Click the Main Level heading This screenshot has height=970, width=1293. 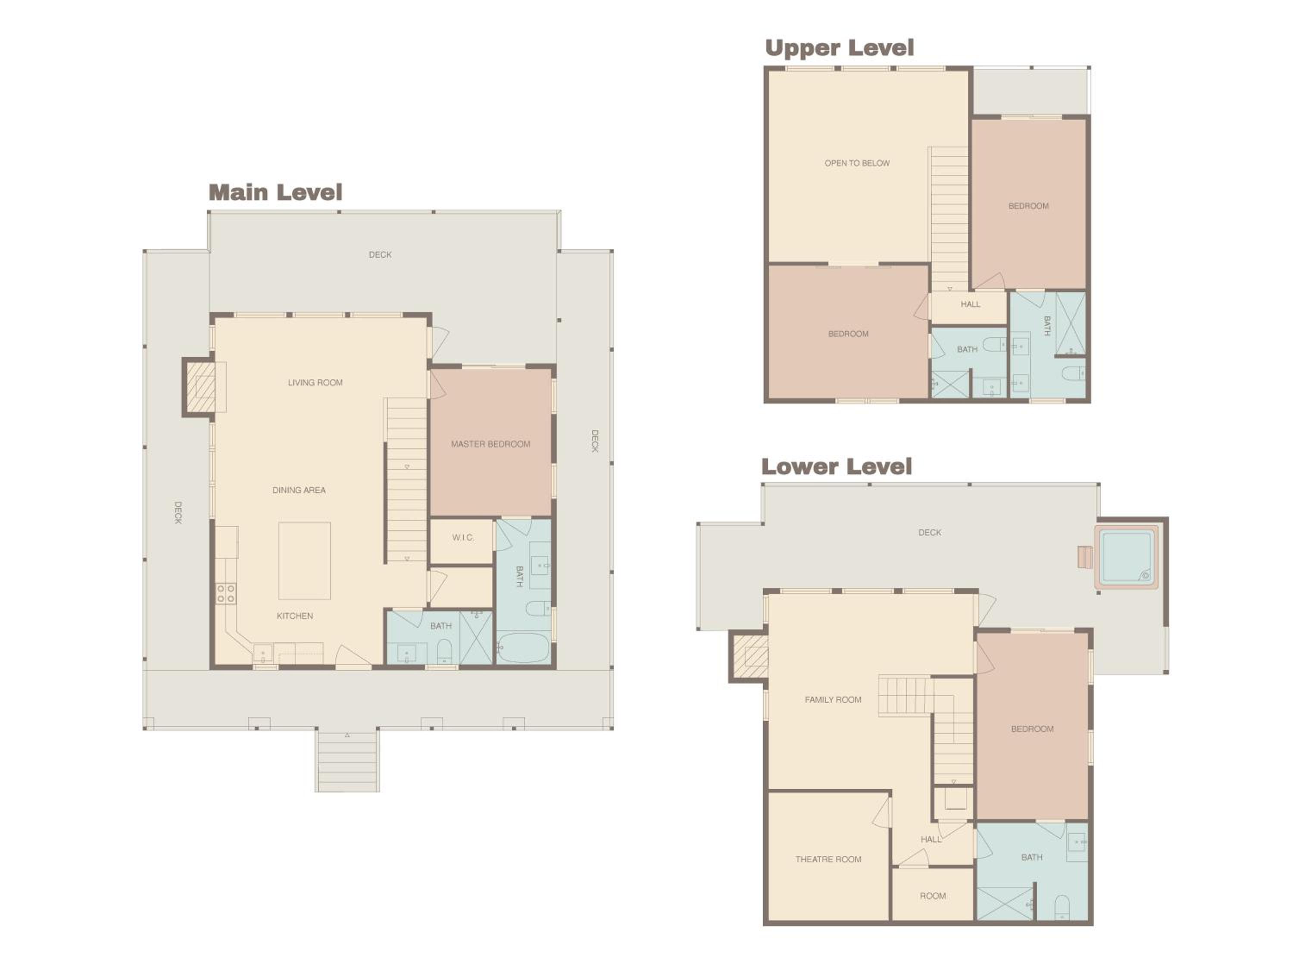(x=275, y=192)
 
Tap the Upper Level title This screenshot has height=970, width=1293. (x=840, y=48)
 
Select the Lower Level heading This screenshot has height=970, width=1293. (x=837, y=466)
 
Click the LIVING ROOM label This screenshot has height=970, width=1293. (x=315, y=382)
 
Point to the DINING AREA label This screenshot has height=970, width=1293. (x=299, y=490)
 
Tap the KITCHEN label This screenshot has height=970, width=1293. (x=295, y=616)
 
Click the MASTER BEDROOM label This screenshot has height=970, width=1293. (x=490, y=444)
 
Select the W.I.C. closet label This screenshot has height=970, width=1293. (x=463, y=537)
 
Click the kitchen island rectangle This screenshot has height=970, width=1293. (x=305, y=561)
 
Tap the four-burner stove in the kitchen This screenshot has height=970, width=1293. (x=226, y=594)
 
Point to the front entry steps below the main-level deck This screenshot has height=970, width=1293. (x=347, y=760)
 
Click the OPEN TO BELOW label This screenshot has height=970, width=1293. (x=857, y=163)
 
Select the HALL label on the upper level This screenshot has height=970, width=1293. (x=970, y=304)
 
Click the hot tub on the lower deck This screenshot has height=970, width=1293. (x=1126, y=557)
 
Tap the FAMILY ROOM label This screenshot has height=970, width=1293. (x=833, y=699)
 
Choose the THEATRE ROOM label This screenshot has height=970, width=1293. (x=828, y=859)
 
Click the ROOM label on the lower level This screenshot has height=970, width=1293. (x=932, y=896)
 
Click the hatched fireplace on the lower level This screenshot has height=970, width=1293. (x=750, y=657)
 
